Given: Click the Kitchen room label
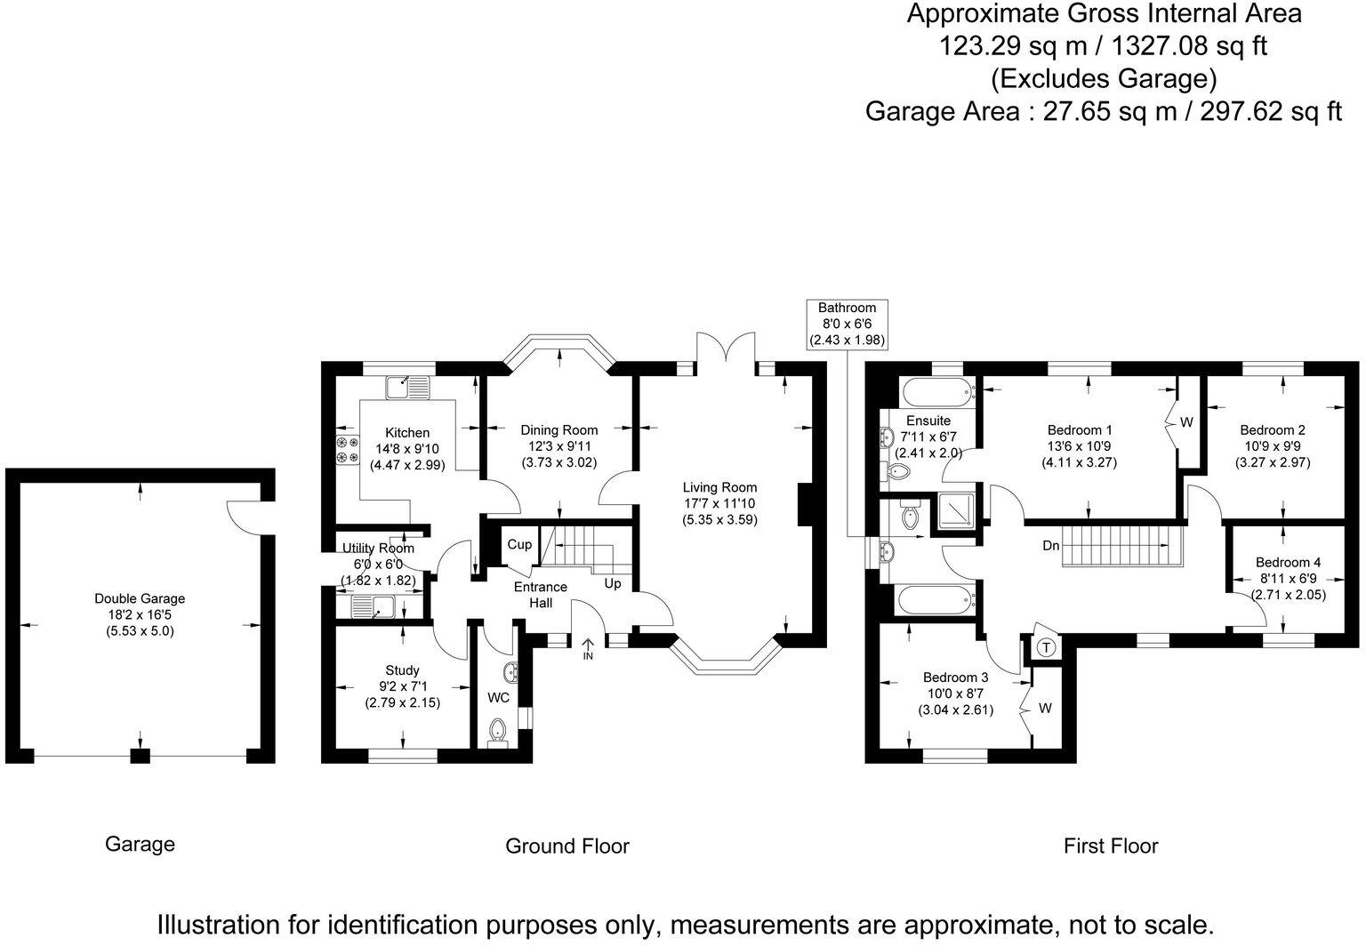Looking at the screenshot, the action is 407,433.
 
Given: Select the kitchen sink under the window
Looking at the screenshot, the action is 407,387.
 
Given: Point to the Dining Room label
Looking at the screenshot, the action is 559,430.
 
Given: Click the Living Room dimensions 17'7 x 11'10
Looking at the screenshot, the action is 719,503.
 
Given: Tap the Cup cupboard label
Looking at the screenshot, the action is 519,544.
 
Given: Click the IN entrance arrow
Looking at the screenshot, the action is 589,649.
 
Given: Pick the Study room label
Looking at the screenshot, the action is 403,670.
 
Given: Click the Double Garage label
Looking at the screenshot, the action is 140,598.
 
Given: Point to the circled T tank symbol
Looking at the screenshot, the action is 1047,648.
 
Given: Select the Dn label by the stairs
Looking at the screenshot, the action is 1051,546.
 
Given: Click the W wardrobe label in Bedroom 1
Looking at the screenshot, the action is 1186,421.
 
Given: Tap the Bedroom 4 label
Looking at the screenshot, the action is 1288,562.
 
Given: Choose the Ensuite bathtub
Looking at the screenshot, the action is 936,393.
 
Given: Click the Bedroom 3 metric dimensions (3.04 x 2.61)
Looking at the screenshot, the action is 956,710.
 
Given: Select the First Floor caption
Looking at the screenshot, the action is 1111,846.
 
